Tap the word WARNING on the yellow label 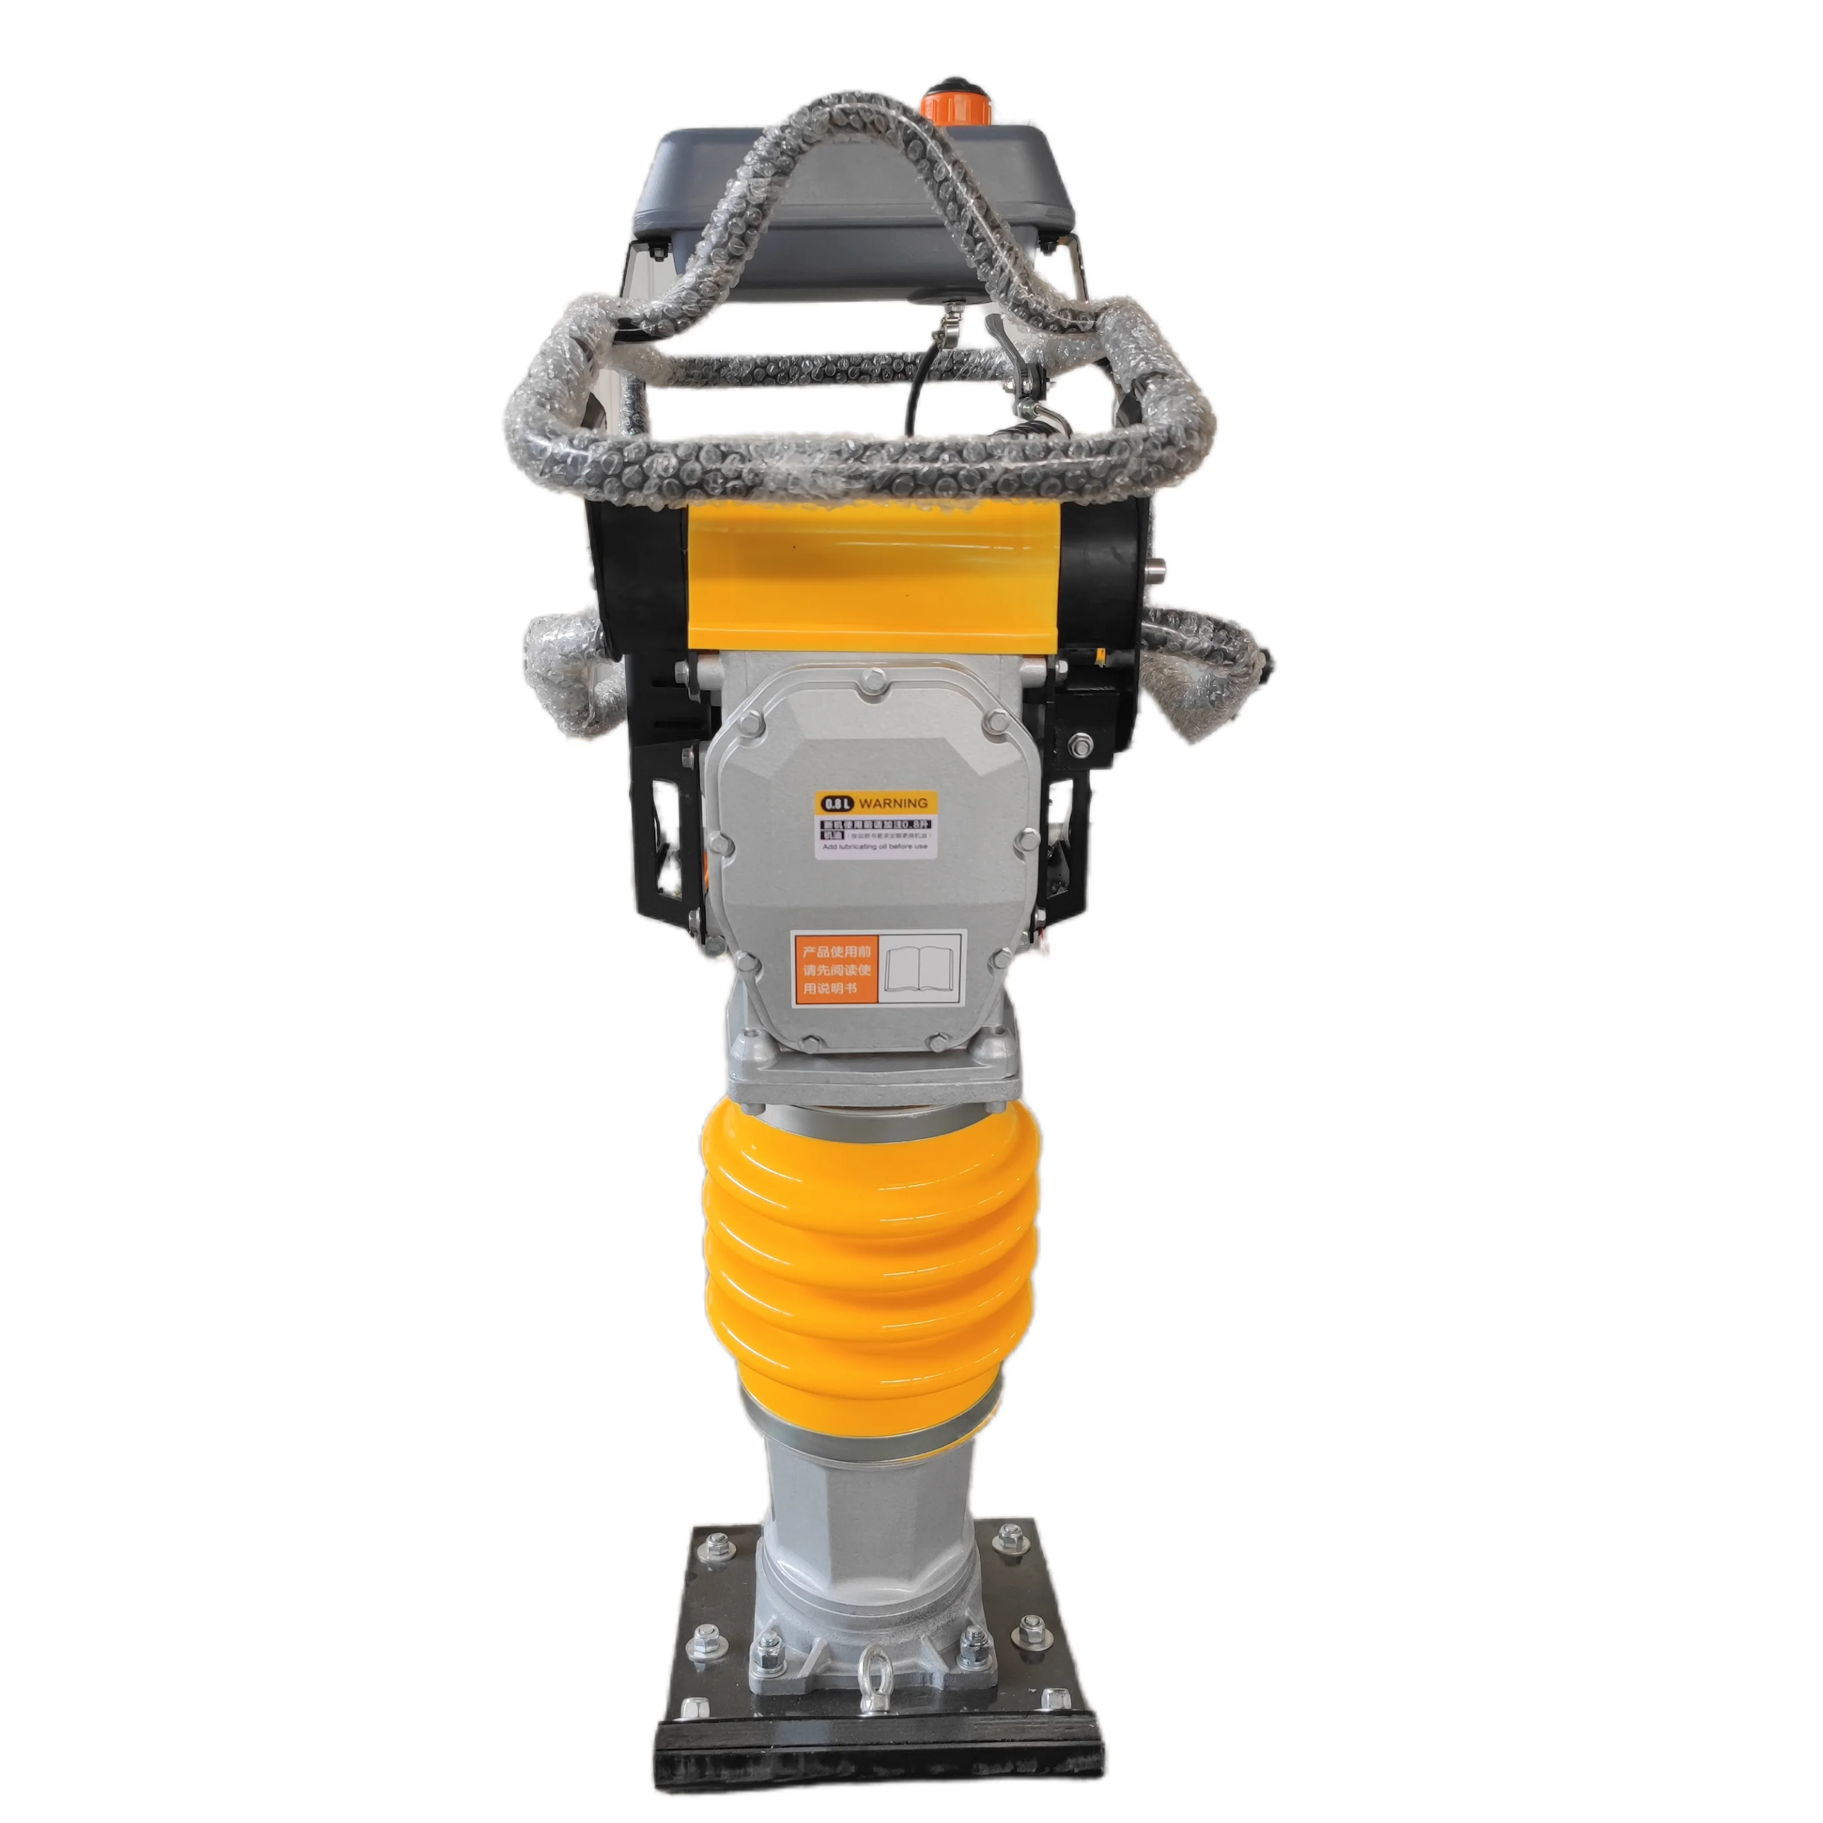[893, 803]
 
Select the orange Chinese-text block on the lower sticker [834, 966]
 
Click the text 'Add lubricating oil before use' [875, 847]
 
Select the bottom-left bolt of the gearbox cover [746, 961]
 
